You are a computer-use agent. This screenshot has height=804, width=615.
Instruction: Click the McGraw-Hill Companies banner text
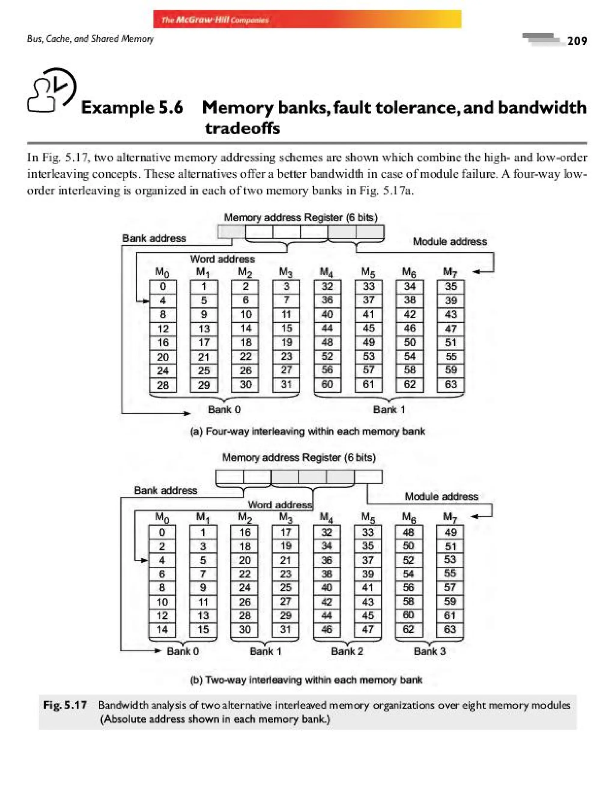[x=215, y=20]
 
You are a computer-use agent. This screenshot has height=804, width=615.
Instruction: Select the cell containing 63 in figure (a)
[x=451, y=384]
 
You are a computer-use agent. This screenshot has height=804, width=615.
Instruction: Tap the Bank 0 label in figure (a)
[x=224, y=410]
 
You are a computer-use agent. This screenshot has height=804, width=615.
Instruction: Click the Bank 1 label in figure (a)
[x=389, y=410]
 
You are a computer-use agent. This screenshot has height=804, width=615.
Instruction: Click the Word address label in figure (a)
[x=222, y=259]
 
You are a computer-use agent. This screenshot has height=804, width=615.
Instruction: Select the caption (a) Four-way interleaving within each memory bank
[x=307, y=431]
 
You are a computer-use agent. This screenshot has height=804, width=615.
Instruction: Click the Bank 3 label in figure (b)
[x=429, y=651]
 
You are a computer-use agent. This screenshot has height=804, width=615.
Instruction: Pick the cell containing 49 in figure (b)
[x=450, y=532]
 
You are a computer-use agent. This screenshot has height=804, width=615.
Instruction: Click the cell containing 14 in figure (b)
[x=162, y=629]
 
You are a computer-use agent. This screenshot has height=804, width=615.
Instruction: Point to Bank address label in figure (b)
[x=165, y=490]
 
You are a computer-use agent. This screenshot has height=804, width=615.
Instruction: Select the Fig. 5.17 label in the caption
[x=65, y=705]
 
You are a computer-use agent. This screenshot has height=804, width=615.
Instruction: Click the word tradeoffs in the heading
[x=242, y=128]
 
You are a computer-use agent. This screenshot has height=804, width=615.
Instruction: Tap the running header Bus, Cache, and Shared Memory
[x=90, y=39]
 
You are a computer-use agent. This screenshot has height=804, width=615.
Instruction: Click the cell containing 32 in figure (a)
[x=327, y=286]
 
